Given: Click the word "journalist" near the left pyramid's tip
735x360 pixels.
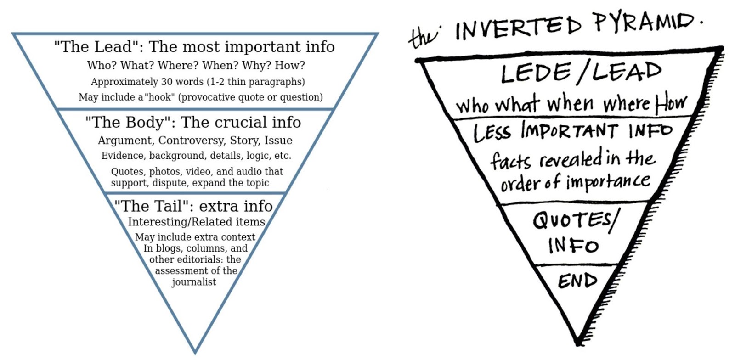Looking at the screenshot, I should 194,282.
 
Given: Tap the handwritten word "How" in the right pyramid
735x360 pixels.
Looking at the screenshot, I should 671,103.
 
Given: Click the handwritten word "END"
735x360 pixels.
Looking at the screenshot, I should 577,280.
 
